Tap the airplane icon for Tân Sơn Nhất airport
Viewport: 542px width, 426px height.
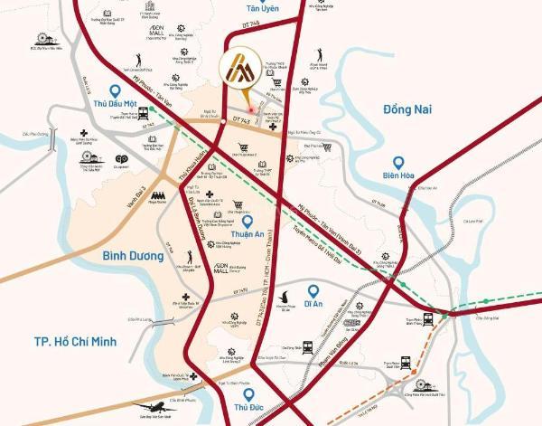(154, 409)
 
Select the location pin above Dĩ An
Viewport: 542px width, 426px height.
(313, 291)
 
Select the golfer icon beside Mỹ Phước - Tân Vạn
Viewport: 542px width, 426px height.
(138, 60)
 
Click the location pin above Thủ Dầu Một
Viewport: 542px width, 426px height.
(114, 90)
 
